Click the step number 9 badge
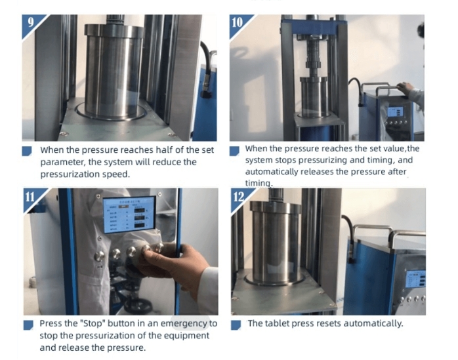tap(31, 24)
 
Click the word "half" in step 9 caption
tap(165, 150)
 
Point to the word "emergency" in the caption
tap(184, 324)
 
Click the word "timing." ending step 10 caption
tap(259, 184)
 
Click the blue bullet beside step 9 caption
tap(27, 151)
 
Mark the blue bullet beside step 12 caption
tap(236, 325)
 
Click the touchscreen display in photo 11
tap(129, 214)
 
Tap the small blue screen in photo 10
tap(395, 111)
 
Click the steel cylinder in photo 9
tap(114, 71)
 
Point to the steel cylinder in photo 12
tap(276, 242)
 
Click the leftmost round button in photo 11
tap(99, 256)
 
